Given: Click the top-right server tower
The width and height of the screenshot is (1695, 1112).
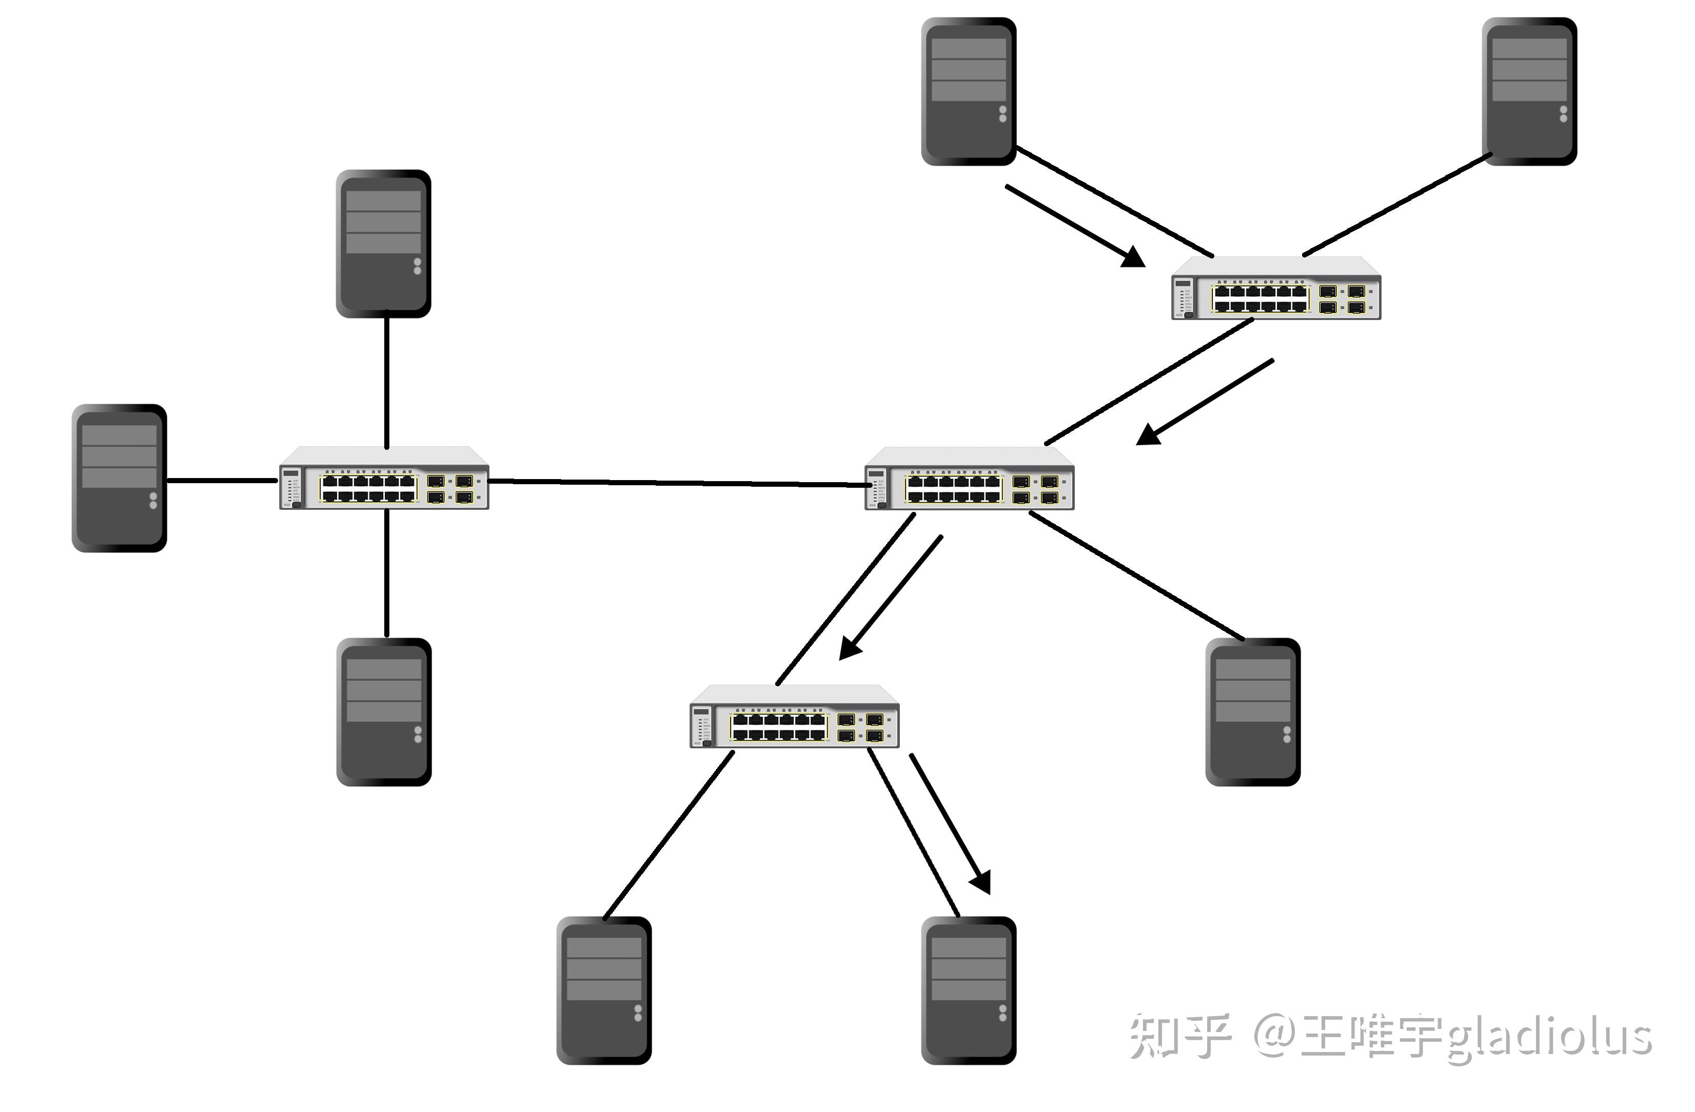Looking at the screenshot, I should coord(1529,91).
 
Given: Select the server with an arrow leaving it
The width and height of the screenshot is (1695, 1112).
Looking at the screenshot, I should coord(969,91).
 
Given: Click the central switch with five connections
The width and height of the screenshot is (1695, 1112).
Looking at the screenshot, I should coord(969,479).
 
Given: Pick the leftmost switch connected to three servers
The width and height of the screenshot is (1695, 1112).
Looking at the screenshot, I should coord(384,479).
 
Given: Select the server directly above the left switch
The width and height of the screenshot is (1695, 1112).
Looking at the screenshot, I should coord(383,244).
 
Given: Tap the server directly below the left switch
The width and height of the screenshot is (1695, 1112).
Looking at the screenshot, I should coord(384,712).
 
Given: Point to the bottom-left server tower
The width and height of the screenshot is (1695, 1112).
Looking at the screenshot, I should coord(604,990).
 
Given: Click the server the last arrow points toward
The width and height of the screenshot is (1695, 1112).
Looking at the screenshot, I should coord(969,990).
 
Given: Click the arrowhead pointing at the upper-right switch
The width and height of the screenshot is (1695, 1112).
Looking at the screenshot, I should coord(1134,257).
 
